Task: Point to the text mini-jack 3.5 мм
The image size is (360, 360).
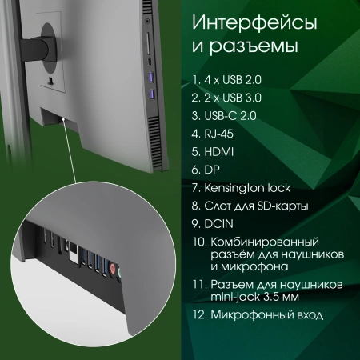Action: pyautogui.click(x=257, y=298)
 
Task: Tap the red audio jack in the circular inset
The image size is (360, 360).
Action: pyautogui.click(x=115, y=269)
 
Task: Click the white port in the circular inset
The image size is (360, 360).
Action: pyautogui.click(x=73, y=250)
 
